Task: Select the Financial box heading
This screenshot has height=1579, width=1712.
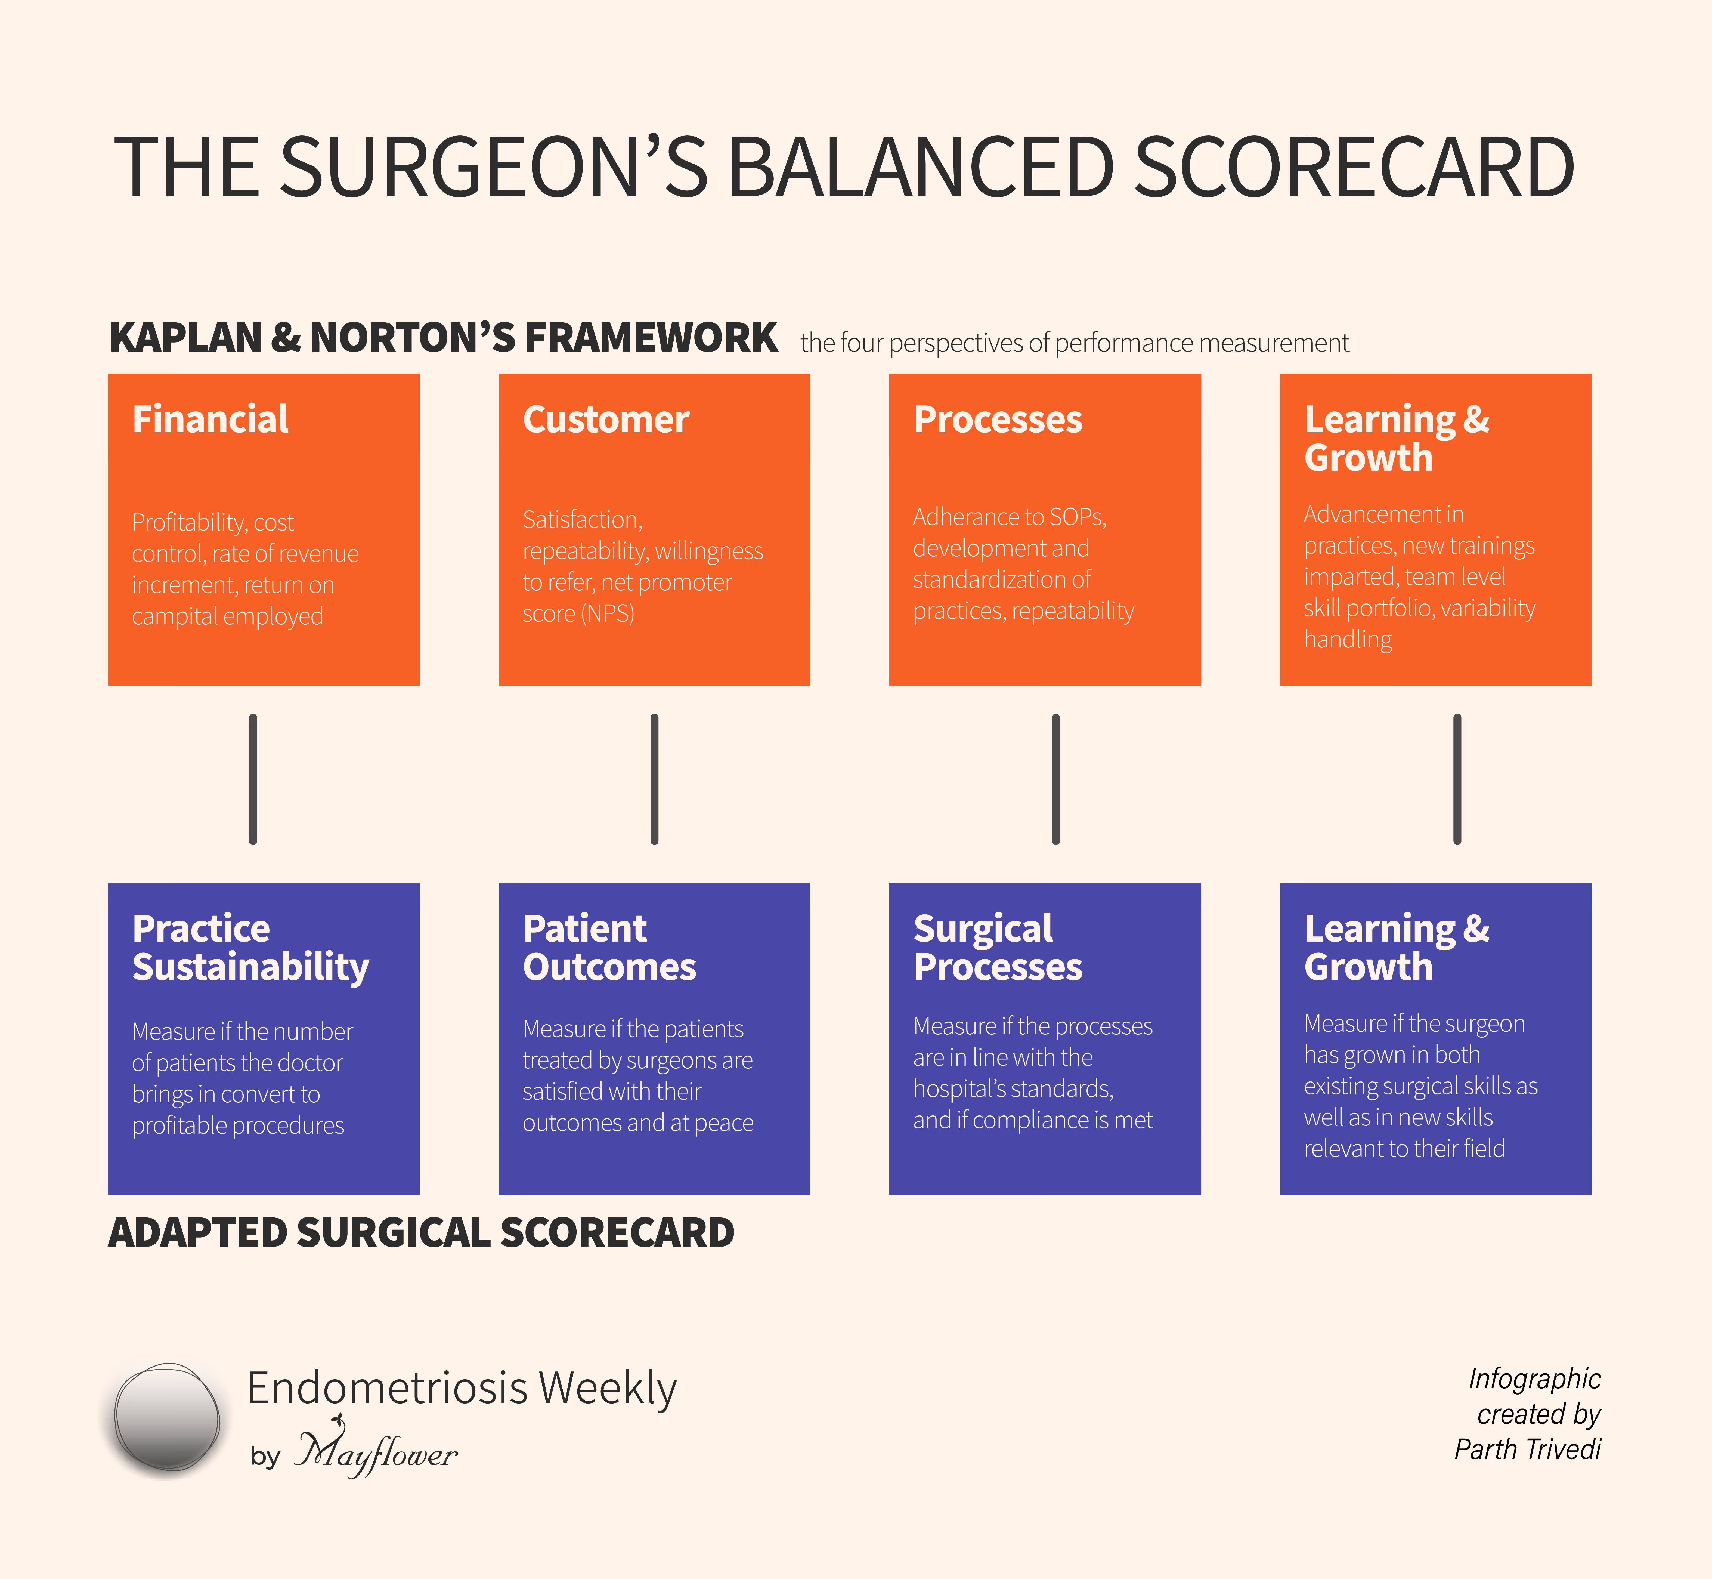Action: pos(210,420)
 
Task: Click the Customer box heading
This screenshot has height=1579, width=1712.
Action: pos(606,420)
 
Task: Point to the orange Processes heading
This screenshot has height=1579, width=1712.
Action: pos(997,420)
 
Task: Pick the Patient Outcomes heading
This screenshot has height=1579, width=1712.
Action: pos(609,948)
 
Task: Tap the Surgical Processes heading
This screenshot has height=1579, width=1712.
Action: pos(997,948)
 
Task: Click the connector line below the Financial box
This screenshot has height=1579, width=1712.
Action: pos(253,779)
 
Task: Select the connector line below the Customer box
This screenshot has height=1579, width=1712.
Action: pos(654,779)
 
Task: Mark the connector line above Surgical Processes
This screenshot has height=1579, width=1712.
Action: pos(1056,779)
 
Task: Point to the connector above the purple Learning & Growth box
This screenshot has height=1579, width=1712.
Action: pos(1457,779)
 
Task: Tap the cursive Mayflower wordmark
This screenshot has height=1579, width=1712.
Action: pos(376,1452)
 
